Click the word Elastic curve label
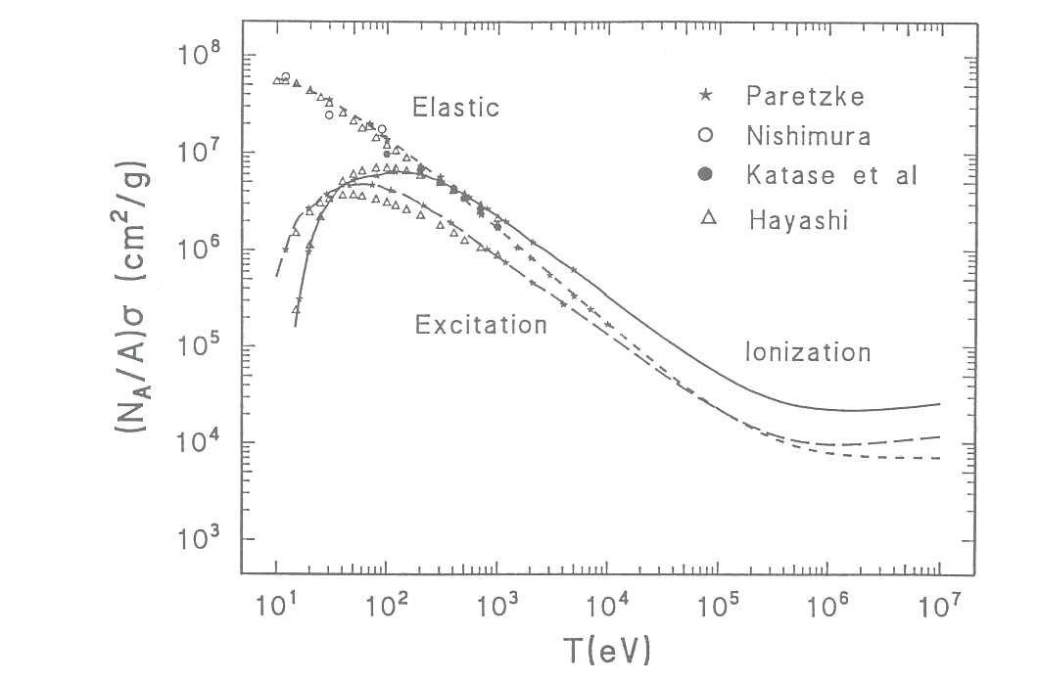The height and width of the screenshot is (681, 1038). (x=455, y=107)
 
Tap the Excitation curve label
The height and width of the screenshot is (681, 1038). (x=481, y=325)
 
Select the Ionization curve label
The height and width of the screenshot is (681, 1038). (x=808, y=352)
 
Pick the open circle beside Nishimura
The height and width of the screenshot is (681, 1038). (x=704, y=135)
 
